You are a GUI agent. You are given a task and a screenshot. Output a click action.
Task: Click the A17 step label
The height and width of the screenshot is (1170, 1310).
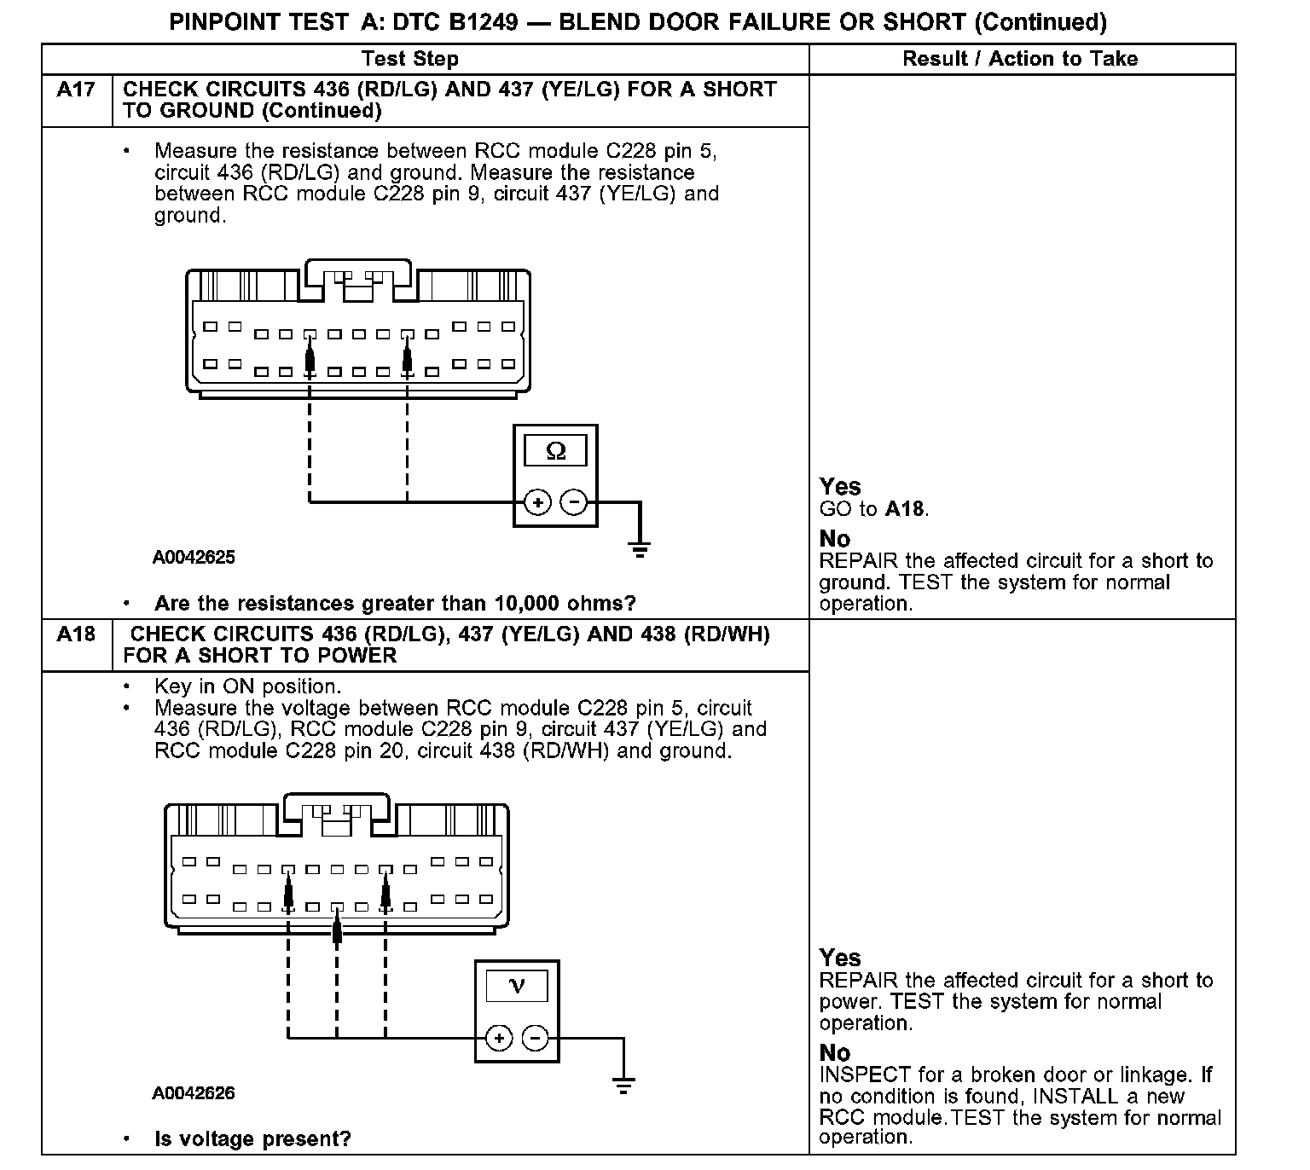76,90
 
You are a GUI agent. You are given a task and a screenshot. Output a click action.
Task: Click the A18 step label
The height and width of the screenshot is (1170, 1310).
76,634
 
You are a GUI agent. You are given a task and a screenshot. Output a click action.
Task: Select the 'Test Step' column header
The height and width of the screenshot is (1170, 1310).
409,59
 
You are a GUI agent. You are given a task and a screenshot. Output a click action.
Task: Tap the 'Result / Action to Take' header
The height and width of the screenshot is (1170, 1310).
1020,59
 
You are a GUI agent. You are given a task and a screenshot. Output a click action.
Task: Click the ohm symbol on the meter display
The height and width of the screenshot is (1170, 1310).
555,450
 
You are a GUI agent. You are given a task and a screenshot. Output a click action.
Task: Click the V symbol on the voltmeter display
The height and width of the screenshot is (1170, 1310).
517,986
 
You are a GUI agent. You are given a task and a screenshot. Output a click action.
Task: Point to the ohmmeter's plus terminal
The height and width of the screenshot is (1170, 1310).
537,502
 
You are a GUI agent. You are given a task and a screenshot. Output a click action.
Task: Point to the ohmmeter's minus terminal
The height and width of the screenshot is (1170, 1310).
574,502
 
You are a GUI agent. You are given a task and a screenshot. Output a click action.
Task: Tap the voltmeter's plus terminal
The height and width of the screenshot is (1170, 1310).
499,1038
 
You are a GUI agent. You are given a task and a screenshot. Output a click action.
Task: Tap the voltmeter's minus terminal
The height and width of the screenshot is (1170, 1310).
536,1038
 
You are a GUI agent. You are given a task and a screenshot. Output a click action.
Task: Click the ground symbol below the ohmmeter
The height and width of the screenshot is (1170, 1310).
640,548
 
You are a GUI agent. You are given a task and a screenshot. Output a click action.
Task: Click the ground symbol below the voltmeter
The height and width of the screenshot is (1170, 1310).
623,1085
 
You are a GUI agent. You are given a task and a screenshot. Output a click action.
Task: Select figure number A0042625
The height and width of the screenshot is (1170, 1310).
194,558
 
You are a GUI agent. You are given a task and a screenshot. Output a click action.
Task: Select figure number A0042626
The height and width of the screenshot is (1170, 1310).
194,1093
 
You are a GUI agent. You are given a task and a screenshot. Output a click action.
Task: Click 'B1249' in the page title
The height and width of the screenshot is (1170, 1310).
483,21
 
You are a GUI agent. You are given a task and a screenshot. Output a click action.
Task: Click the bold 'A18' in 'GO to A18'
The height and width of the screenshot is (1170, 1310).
905,509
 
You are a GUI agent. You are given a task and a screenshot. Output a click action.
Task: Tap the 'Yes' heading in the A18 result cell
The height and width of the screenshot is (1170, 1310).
840,958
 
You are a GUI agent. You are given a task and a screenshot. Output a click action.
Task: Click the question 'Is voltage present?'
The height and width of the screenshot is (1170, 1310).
252,1138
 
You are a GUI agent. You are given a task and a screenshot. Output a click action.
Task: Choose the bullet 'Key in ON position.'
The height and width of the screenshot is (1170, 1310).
247,686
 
